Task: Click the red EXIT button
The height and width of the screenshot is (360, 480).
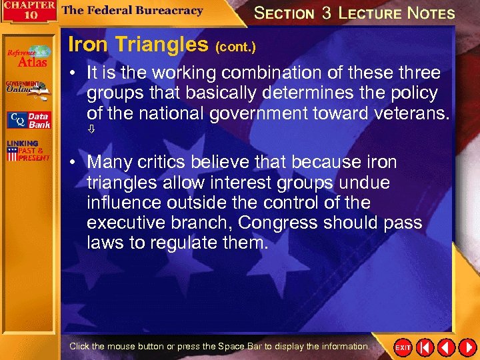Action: [403, 347]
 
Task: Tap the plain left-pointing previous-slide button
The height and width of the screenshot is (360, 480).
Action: [446, 347]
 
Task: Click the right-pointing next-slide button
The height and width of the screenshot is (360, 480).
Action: [466, 347]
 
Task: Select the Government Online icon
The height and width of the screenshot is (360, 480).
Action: [27, 89]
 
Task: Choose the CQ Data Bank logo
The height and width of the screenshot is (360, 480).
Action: [28, 120]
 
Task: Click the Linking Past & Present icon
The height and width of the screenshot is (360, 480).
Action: [27, 151]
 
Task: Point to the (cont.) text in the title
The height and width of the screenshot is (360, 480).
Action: [235, 47]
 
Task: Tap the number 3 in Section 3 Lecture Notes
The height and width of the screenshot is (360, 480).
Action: [327, 13]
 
